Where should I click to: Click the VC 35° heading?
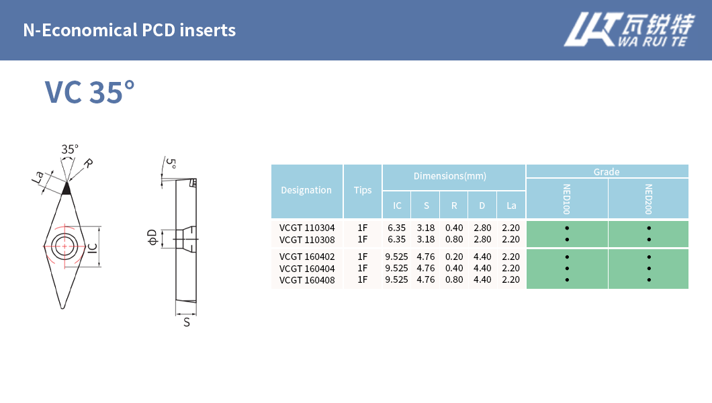click(x=90, y=92)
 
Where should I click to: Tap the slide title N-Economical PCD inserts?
click(x=129, y=30)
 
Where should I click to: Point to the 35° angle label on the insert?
click(x=70, y=149)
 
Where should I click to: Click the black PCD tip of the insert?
click(x=66, y=189)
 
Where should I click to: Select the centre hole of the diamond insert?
click(x=65, y=246)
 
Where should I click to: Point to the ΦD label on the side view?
click(x=152, y=237)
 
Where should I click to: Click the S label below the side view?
click(x=187, y=322)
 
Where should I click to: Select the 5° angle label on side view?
click(x=171, y=163)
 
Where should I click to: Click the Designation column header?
click(x=306, y=191)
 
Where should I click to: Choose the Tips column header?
click(x=363, y=191)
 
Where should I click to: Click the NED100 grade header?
click(x=567, y=199)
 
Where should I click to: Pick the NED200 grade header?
click(x=648, y=199)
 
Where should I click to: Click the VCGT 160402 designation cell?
click(x=307, y=257)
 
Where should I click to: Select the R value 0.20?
click(x=454, y=257)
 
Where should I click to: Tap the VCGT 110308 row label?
click(x=307, y=239)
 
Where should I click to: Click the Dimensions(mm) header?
click(x=450, y=176)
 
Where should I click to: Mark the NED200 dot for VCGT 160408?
click(x=649, y=279)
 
